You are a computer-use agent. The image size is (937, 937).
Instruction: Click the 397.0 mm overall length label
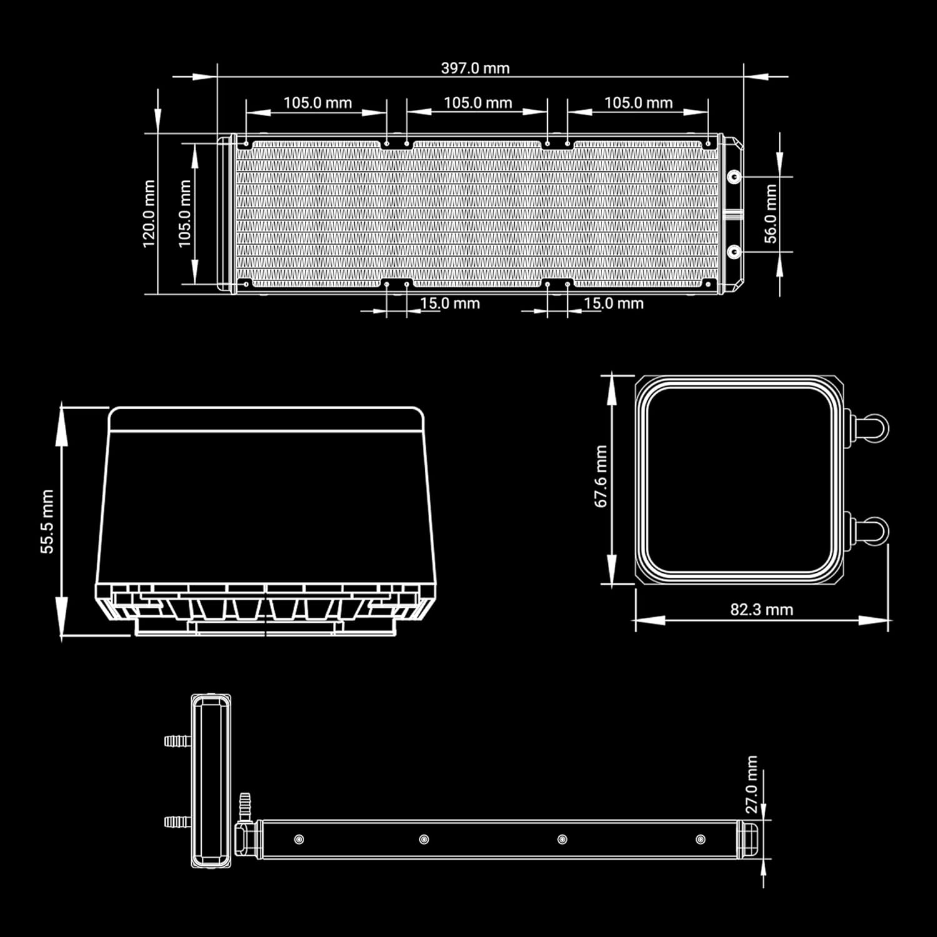click(475, 68)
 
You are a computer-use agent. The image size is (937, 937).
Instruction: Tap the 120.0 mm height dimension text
click(149, 214)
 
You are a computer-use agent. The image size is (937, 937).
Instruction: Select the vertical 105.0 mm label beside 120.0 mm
click(185, 214)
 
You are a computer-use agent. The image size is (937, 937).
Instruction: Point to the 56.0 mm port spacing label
click(771, 214)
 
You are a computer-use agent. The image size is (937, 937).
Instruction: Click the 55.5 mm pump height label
click(47, 522)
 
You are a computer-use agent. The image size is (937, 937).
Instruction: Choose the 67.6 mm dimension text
click(601, 476)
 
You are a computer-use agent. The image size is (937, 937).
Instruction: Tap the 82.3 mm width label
click(761, 609)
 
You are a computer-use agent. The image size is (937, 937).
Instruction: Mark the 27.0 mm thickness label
click(751, 785)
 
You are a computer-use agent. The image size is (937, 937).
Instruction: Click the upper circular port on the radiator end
click(735, 177)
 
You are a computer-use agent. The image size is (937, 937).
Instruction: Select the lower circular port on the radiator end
click(735, 252)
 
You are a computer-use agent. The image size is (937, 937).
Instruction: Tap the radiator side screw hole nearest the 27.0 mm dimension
click(700, 839)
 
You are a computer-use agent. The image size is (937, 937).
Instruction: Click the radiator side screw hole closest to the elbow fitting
click(299, 839)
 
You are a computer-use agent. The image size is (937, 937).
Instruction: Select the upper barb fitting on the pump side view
click(177, 741)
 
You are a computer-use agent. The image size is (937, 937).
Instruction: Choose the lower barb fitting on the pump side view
click(177, 821)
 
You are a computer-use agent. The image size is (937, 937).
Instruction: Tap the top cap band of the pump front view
click(266, 419)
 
